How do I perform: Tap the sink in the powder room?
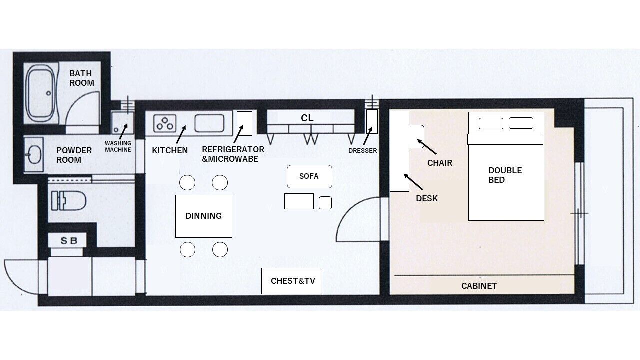click(34, 154)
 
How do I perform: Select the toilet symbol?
click(68, 200)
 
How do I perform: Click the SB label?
click(69, 241)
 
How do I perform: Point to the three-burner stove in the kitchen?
click(165, 123)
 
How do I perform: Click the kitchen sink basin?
click(209, 123)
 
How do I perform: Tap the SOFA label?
click(309, 176)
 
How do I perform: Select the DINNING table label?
click(203, 216)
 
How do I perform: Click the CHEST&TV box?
click(291, 281)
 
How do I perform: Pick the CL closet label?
click(307, 118)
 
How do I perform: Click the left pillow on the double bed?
click(491, 123)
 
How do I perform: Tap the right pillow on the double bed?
click(521, 123)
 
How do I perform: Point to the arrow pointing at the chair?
click(427, 147)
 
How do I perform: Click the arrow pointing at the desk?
click(413, 182)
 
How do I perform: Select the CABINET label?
click(479, 286)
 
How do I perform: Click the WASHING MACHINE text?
click(118, 146)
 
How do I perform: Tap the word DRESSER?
click(363, 151)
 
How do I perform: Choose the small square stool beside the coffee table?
click(325, 203)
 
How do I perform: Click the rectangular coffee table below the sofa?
click(299, 201)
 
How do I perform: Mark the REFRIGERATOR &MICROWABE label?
click(233, 154)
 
